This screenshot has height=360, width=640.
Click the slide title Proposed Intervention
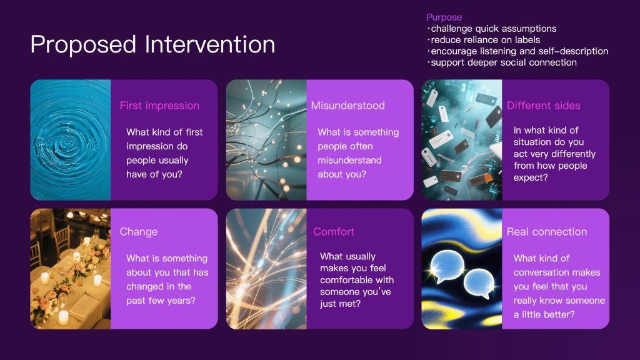[152, 44]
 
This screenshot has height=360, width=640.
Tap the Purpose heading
[444, 17]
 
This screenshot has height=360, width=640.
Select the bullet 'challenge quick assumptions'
[492, 29]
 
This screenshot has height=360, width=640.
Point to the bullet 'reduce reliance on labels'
[484, 40]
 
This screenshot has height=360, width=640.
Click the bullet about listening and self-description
[517, 51]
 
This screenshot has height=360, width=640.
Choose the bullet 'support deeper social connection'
[502, 62]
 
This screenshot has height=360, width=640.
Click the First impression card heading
[159, 106]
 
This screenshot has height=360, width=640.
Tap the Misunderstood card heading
[347, 106]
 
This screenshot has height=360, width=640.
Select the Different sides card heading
[543, 106]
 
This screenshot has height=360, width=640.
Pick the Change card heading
[138, 232]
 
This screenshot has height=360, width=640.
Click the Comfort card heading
[334, 232]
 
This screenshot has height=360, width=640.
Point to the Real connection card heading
[547, 232]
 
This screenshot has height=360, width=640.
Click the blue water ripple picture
[71, 140]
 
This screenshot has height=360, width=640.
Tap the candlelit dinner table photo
[71, 269]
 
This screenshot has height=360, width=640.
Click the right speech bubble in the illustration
[479, 284]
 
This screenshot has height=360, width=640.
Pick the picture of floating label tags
[462, 140]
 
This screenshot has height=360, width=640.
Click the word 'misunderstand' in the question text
[350, 161]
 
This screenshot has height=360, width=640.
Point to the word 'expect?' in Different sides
[531, 177]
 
